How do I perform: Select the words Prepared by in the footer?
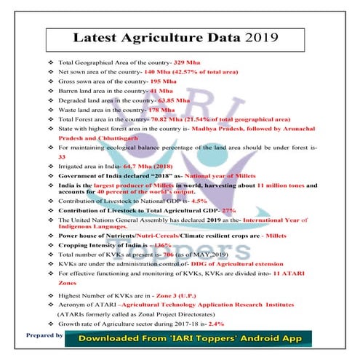[x=44, y=335]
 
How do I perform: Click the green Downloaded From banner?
[x=187, y=338]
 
